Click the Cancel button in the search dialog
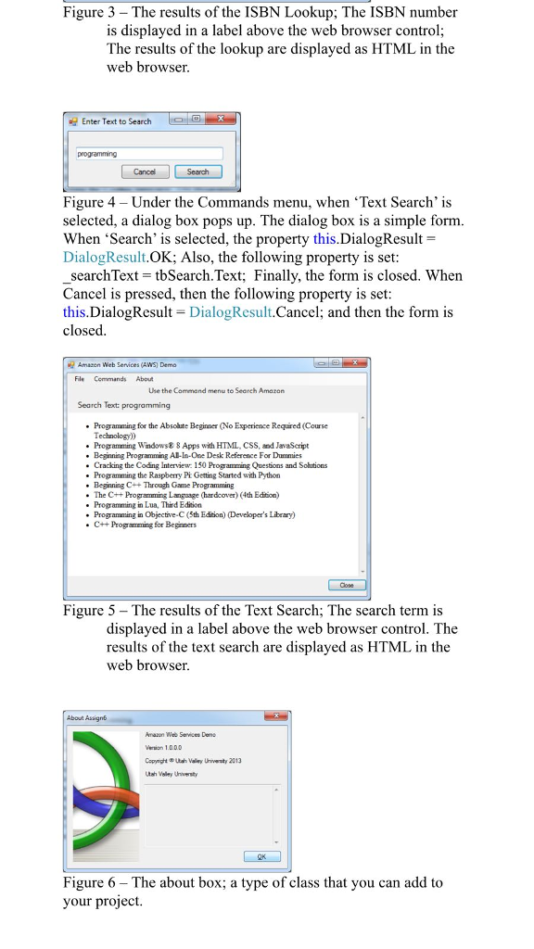145,171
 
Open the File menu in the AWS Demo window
81,378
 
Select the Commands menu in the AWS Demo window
108,378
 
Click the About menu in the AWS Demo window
145,378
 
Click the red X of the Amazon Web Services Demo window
352,365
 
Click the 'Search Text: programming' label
124,405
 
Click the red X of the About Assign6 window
275,716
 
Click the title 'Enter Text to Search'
116,121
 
